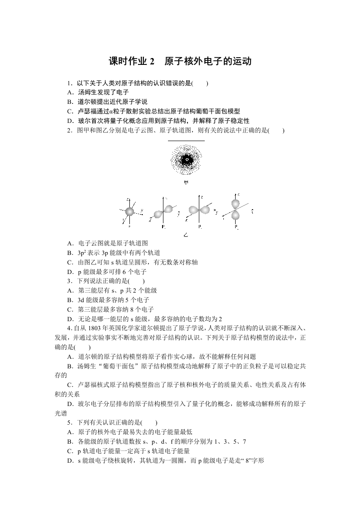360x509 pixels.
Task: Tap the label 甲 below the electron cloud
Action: [186, 182]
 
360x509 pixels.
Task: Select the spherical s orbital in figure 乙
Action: [130, 212]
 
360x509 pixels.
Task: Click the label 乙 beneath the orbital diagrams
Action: [186, 235]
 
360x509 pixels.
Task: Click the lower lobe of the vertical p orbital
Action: [236, 216]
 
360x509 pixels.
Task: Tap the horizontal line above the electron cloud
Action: [186, 141]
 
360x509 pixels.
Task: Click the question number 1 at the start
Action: [69, 83]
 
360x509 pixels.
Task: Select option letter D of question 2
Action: [69, 272]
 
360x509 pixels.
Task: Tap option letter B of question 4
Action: [69, 366]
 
